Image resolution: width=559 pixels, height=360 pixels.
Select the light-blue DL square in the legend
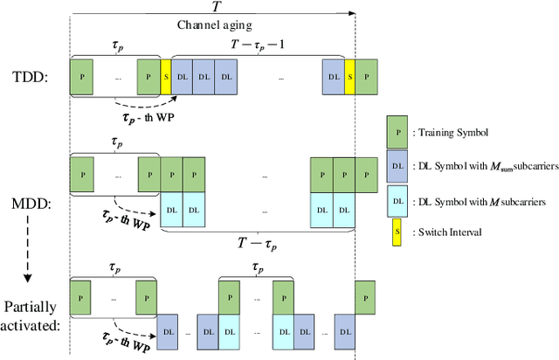[397, 200]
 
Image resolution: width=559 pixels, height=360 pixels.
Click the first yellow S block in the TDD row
[166, 76]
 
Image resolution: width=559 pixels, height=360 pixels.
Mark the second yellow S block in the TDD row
[349, 76]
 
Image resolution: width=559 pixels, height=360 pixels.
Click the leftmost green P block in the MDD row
[82, 173]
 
